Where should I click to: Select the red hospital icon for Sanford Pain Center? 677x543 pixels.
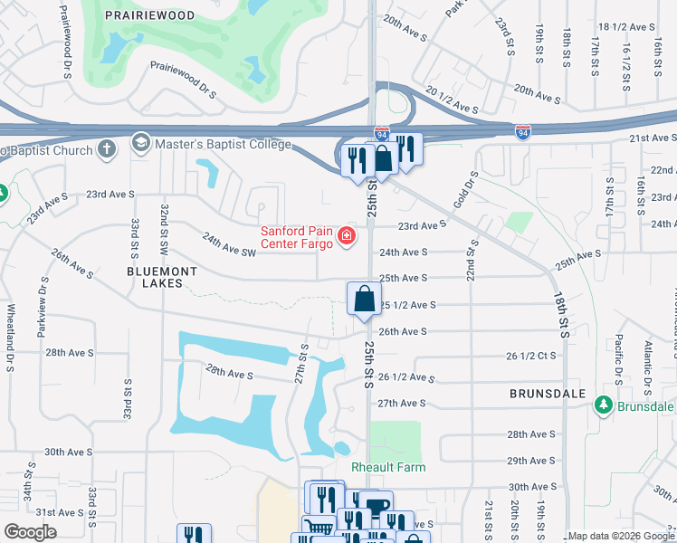pos(346,237)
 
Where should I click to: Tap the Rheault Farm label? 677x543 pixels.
pos(388,467)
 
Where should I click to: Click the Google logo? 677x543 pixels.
pos(30,531)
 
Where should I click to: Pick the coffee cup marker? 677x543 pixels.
pos(377,507)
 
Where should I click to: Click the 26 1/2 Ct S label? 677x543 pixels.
pos(532,356)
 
